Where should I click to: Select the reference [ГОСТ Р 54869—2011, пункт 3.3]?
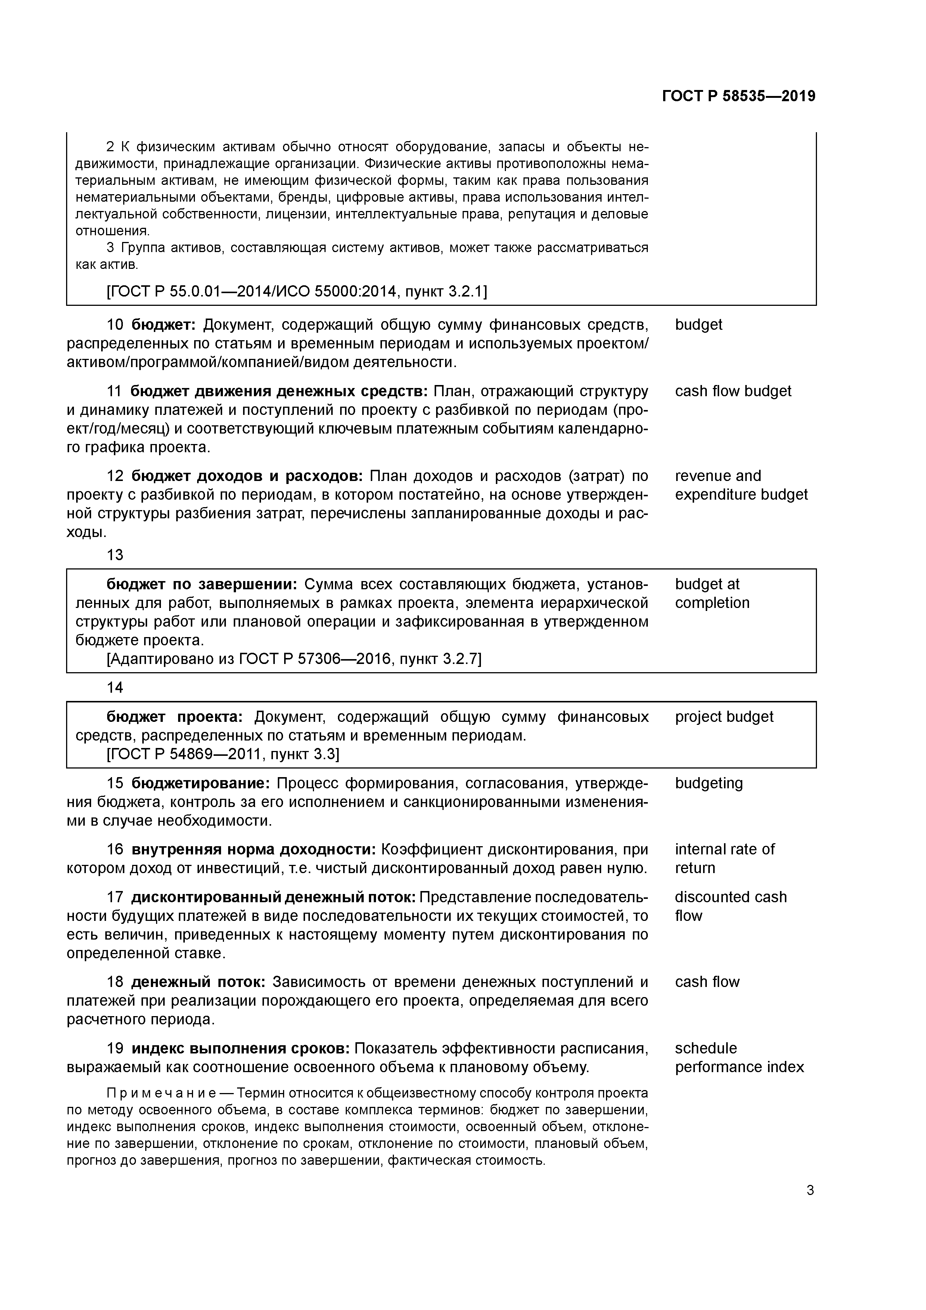223,754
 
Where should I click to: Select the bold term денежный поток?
198,982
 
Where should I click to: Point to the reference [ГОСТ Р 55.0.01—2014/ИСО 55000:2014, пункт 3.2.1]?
297,292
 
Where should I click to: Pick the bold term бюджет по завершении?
201,584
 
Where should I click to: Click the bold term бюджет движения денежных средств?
279,391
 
